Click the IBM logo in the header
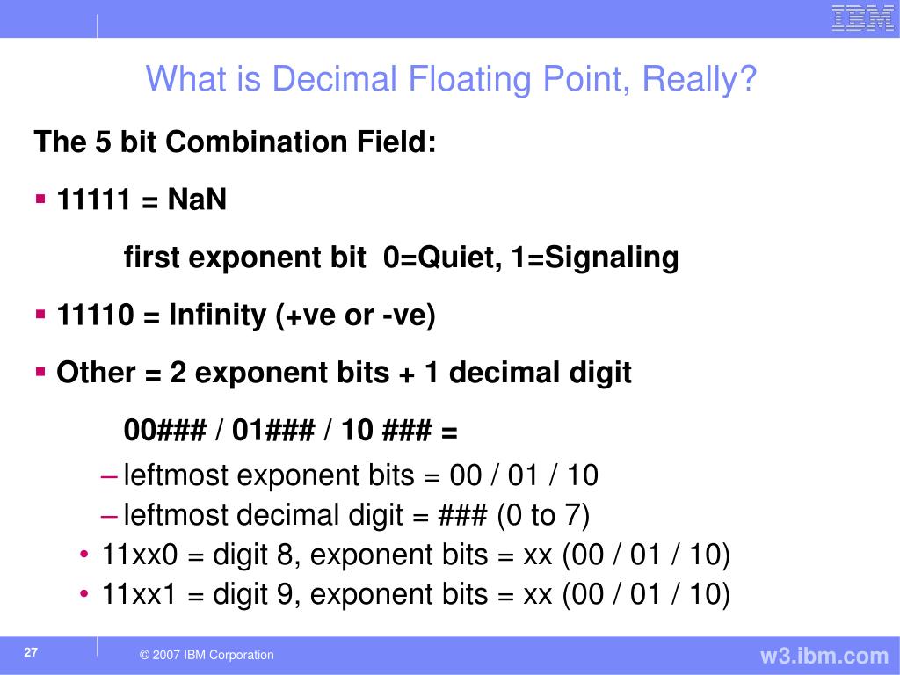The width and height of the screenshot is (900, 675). coord(862,18)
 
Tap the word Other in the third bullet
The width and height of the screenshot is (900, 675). coord(95,373)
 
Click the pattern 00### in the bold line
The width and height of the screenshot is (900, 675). coord(165,431)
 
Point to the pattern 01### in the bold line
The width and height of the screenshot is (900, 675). coord(278,431)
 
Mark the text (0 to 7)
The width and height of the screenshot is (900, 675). coord(542,515)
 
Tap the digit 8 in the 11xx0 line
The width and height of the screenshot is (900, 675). coord(284,555)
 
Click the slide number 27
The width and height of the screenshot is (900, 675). coord(32,653)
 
